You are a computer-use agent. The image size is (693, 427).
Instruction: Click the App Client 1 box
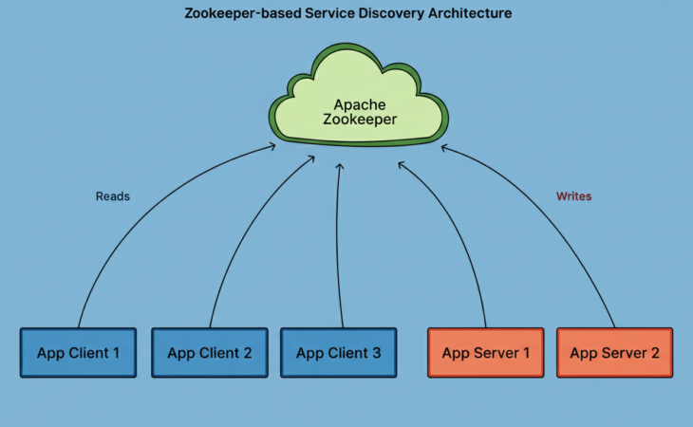78,353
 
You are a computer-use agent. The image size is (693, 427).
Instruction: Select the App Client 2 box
209,353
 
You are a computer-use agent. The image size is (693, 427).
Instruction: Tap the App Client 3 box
338,353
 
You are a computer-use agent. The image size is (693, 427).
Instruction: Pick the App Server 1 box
485,353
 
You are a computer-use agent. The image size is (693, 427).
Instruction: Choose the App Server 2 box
614,353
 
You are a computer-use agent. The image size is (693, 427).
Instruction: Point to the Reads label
113,196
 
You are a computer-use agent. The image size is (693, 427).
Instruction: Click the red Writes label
573,196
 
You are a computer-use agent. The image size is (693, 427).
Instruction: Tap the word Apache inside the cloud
358,103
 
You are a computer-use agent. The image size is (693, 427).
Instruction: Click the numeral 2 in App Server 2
654,353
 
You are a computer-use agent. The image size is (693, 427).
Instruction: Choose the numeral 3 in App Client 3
376,353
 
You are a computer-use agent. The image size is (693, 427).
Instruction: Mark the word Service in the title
328,14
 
